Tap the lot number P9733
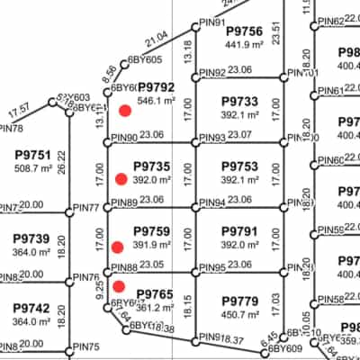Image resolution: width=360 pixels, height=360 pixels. click(x=238, y=102)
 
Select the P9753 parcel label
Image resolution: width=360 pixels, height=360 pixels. click(x=238, y=166)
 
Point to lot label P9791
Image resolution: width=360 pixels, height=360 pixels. click(x=238, y=231)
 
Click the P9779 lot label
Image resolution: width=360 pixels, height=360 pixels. click(x=238, y=301)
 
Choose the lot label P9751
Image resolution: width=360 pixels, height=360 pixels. click(x=32, y=154)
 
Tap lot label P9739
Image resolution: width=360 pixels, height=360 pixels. click(x=31, y=238)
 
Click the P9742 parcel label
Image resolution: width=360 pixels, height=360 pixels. click(x=31, y=307)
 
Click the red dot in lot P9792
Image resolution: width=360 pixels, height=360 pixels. click(x=125, y=109)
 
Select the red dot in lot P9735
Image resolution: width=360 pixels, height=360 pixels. click(x=121, y=179)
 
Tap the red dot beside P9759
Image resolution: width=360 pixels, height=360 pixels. click(x=118, y=247)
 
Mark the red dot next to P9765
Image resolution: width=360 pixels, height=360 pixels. click(x=119, y=286)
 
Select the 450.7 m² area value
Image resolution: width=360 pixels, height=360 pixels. click(x=238, y=314)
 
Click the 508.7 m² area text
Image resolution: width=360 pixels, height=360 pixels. click(x=32, y=167)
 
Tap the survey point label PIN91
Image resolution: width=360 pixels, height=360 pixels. click(x=212, y=22)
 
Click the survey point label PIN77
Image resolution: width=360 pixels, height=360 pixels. click(x=86, y=208)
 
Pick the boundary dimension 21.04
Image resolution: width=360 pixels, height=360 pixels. click(x=156, y=37)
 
